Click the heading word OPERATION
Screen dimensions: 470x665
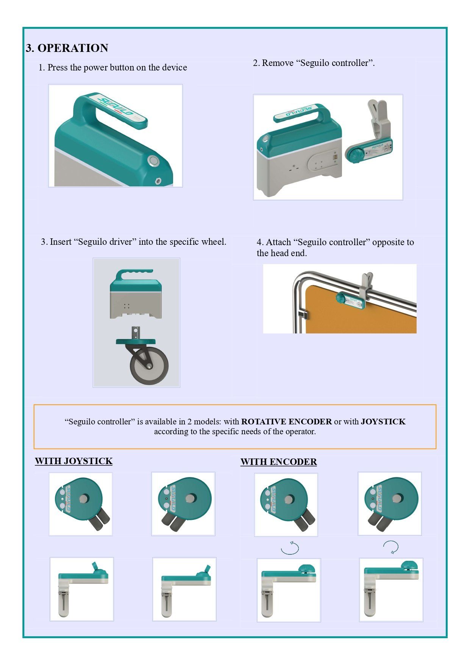click(73, 48)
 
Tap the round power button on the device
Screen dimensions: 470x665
click(154, 161)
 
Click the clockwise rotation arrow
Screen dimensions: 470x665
click(391, 547)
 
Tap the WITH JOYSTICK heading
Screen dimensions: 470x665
click(74, 461)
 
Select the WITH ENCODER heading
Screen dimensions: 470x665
click(279, 462)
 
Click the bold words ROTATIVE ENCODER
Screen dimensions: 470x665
click(286, 422)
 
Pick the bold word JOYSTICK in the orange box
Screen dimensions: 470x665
click(383, 422)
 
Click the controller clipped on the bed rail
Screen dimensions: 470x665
click(350, 300)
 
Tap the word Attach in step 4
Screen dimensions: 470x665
click(278, 242)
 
